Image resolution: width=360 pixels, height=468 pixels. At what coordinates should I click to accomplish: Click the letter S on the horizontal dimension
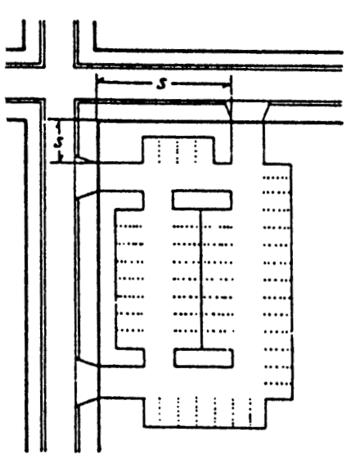(161, 83)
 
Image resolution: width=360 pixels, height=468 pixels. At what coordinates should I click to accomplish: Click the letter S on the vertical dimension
(59, 142)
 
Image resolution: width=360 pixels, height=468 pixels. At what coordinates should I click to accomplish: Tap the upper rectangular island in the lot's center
(202, 200)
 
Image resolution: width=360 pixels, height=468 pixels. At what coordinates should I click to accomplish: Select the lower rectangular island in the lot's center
(203, 358)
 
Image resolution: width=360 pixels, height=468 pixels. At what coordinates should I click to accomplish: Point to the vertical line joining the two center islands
(201, 279)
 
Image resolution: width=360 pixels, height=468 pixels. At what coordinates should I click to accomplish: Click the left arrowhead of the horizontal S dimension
(100, 80)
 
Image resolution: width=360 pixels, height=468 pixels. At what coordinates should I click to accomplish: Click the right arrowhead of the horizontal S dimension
(227, 86)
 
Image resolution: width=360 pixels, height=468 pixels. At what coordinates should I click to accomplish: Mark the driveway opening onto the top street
(247, 112)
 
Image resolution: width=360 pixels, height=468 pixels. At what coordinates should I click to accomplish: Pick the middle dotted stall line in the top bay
(178, 151)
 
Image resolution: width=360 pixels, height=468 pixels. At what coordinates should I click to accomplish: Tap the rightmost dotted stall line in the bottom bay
(250, 412)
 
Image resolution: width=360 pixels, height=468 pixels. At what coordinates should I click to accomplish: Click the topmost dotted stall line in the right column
(275, 178)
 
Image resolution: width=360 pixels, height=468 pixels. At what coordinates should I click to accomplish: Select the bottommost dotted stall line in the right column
(277, 384)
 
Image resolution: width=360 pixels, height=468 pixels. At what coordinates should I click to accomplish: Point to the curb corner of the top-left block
(24, 48)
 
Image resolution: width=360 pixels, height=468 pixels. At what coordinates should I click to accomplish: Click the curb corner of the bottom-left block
(25, 120)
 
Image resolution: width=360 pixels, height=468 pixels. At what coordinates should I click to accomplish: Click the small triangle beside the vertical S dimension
(83, 160)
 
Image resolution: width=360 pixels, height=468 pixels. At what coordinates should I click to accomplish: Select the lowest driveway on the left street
(88, 402)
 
